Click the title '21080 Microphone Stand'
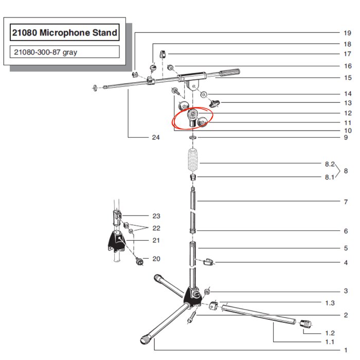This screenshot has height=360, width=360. [x=65, y=34]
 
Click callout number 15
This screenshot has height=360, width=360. [x=347, y=78]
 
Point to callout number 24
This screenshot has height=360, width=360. [x=156, y=137]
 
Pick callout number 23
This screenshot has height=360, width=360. [x=156, y=216]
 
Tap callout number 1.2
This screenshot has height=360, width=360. [x=330, y=333]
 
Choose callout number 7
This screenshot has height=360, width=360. [x=346, y=202]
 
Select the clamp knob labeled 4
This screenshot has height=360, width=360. [x=208, y=262]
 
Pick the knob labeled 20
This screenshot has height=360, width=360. [x=138, y=261]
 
